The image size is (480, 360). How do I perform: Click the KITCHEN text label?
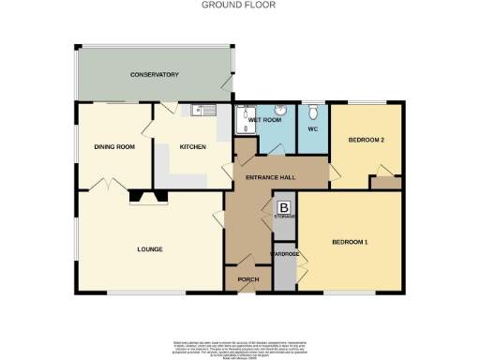[193, 146]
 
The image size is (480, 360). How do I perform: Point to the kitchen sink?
[197, 112]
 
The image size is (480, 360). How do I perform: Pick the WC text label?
[313, 129]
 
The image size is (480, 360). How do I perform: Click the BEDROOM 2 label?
[367, 140]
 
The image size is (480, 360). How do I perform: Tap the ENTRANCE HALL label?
[270, 177]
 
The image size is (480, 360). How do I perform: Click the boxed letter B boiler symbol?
[284, 208]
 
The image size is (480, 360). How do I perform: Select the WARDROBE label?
[284, 253]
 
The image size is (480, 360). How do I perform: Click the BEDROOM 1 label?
[350, 243]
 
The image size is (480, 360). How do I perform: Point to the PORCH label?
[248, 279]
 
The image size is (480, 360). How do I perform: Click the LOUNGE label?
[150, 248]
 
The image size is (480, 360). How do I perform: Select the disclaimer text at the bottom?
[240, 347]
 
